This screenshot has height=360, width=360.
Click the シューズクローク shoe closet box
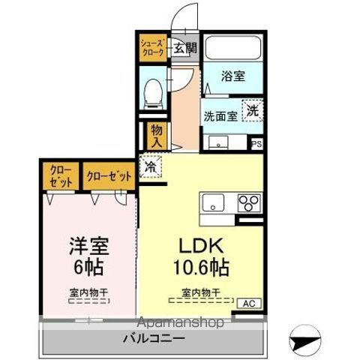pos(152,49)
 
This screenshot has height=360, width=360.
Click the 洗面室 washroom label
pos(221,116)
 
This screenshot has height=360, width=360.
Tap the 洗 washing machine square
pos(255,109)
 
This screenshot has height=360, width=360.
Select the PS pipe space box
pos(256,142)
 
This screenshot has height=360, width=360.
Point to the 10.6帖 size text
pos(201,268)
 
